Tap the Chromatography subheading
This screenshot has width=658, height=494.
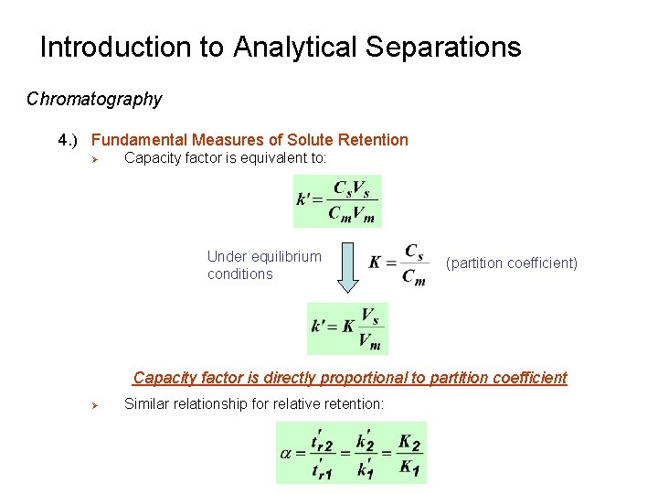(94, 99)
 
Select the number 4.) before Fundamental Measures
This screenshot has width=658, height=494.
(71, 140)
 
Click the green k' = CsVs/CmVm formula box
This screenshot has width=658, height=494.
(336, 201)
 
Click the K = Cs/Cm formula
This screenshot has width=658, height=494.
(398, 263)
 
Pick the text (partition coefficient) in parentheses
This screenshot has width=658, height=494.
(512, 263)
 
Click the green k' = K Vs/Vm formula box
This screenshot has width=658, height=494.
(347, 328)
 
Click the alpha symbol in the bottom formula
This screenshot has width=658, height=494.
(287, 453)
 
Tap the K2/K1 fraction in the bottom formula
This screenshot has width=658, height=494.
(409, 453)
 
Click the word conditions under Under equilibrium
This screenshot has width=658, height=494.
(239, 274)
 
